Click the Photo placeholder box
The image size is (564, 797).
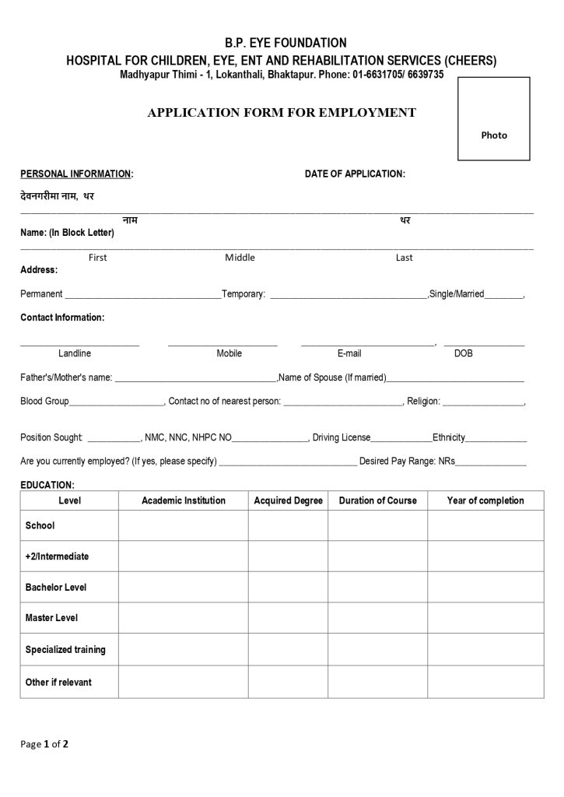493,118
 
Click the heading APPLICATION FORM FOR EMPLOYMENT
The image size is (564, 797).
282,113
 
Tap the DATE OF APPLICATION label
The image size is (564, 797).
354,174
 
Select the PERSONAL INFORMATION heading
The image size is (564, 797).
75,174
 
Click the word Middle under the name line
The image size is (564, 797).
240,258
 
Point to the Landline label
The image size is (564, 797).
75,353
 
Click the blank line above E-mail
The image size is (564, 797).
367,343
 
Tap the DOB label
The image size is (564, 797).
463,353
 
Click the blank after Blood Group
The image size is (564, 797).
117,402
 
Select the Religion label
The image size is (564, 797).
423,402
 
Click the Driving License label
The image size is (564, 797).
342,437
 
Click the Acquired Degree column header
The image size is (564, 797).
288,500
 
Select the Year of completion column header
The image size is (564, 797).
485,500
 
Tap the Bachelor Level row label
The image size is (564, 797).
56,587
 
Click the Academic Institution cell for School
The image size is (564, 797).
183,525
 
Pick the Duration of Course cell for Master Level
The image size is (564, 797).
377,618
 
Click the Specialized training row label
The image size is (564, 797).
65,649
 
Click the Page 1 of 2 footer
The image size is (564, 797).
44,744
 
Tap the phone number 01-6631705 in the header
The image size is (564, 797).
377,75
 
